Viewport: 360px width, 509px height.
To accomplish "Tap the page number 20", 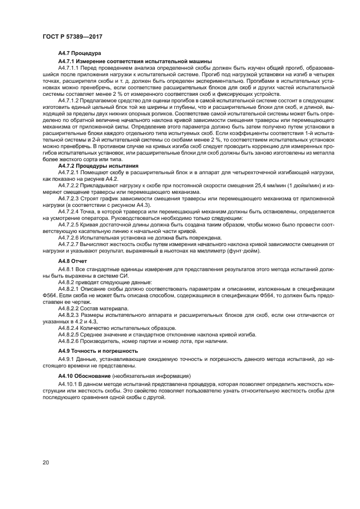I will pyautogui.click(x=46, y=462).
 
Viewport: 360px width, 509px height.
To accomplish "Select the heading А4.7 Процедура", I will pyautogui.click(x=77, y=53).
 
